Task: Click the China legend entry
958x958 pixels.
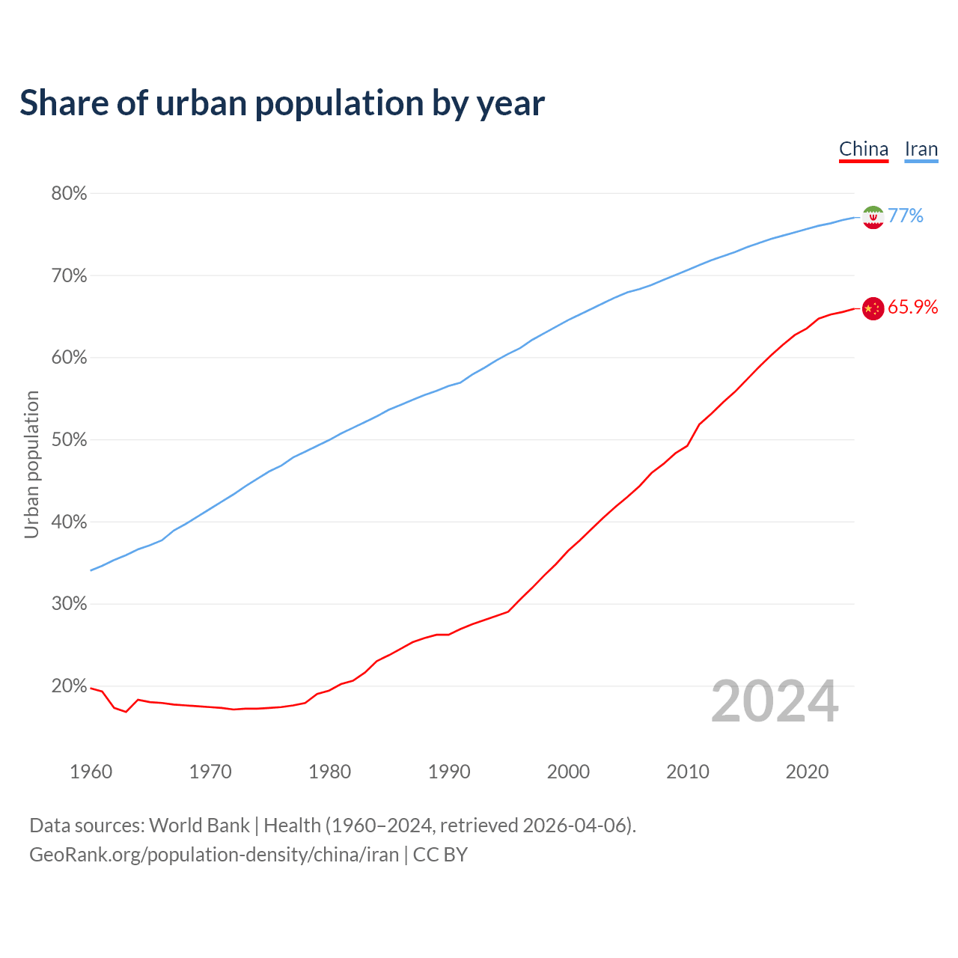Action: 863,149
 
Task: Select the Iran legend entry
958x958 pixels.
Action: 921,149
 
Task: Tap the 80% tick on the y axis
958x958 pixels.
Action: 70,194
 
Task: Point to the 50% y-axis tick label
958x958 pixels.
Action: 70,440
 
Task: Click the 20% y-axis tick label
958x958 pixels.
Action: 70,686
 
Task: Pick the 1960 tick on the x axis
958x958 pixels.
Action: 91,772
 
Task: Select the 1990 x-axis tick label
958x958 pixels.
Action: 449,772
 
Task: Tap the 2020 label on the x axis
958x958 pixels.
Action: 807,772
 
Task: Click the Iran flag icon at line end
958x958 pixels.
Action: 873,217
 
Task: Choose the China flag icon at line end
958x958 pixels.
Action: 873,308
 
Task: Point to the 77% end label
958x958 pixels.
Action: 906,216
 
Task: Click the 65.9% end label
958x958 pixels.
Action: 912,308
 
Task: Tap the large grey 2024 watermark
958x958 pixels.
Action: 775,702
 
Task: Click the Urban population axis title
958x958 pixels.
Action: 31,464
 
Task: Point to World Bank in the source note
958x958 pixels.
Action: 199,826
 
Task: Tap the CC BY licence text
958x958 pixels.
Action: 440,855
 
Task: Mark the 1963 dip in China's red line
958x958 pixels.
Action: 126,711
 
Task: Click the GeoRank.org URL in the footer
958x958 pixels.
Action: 214,855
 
